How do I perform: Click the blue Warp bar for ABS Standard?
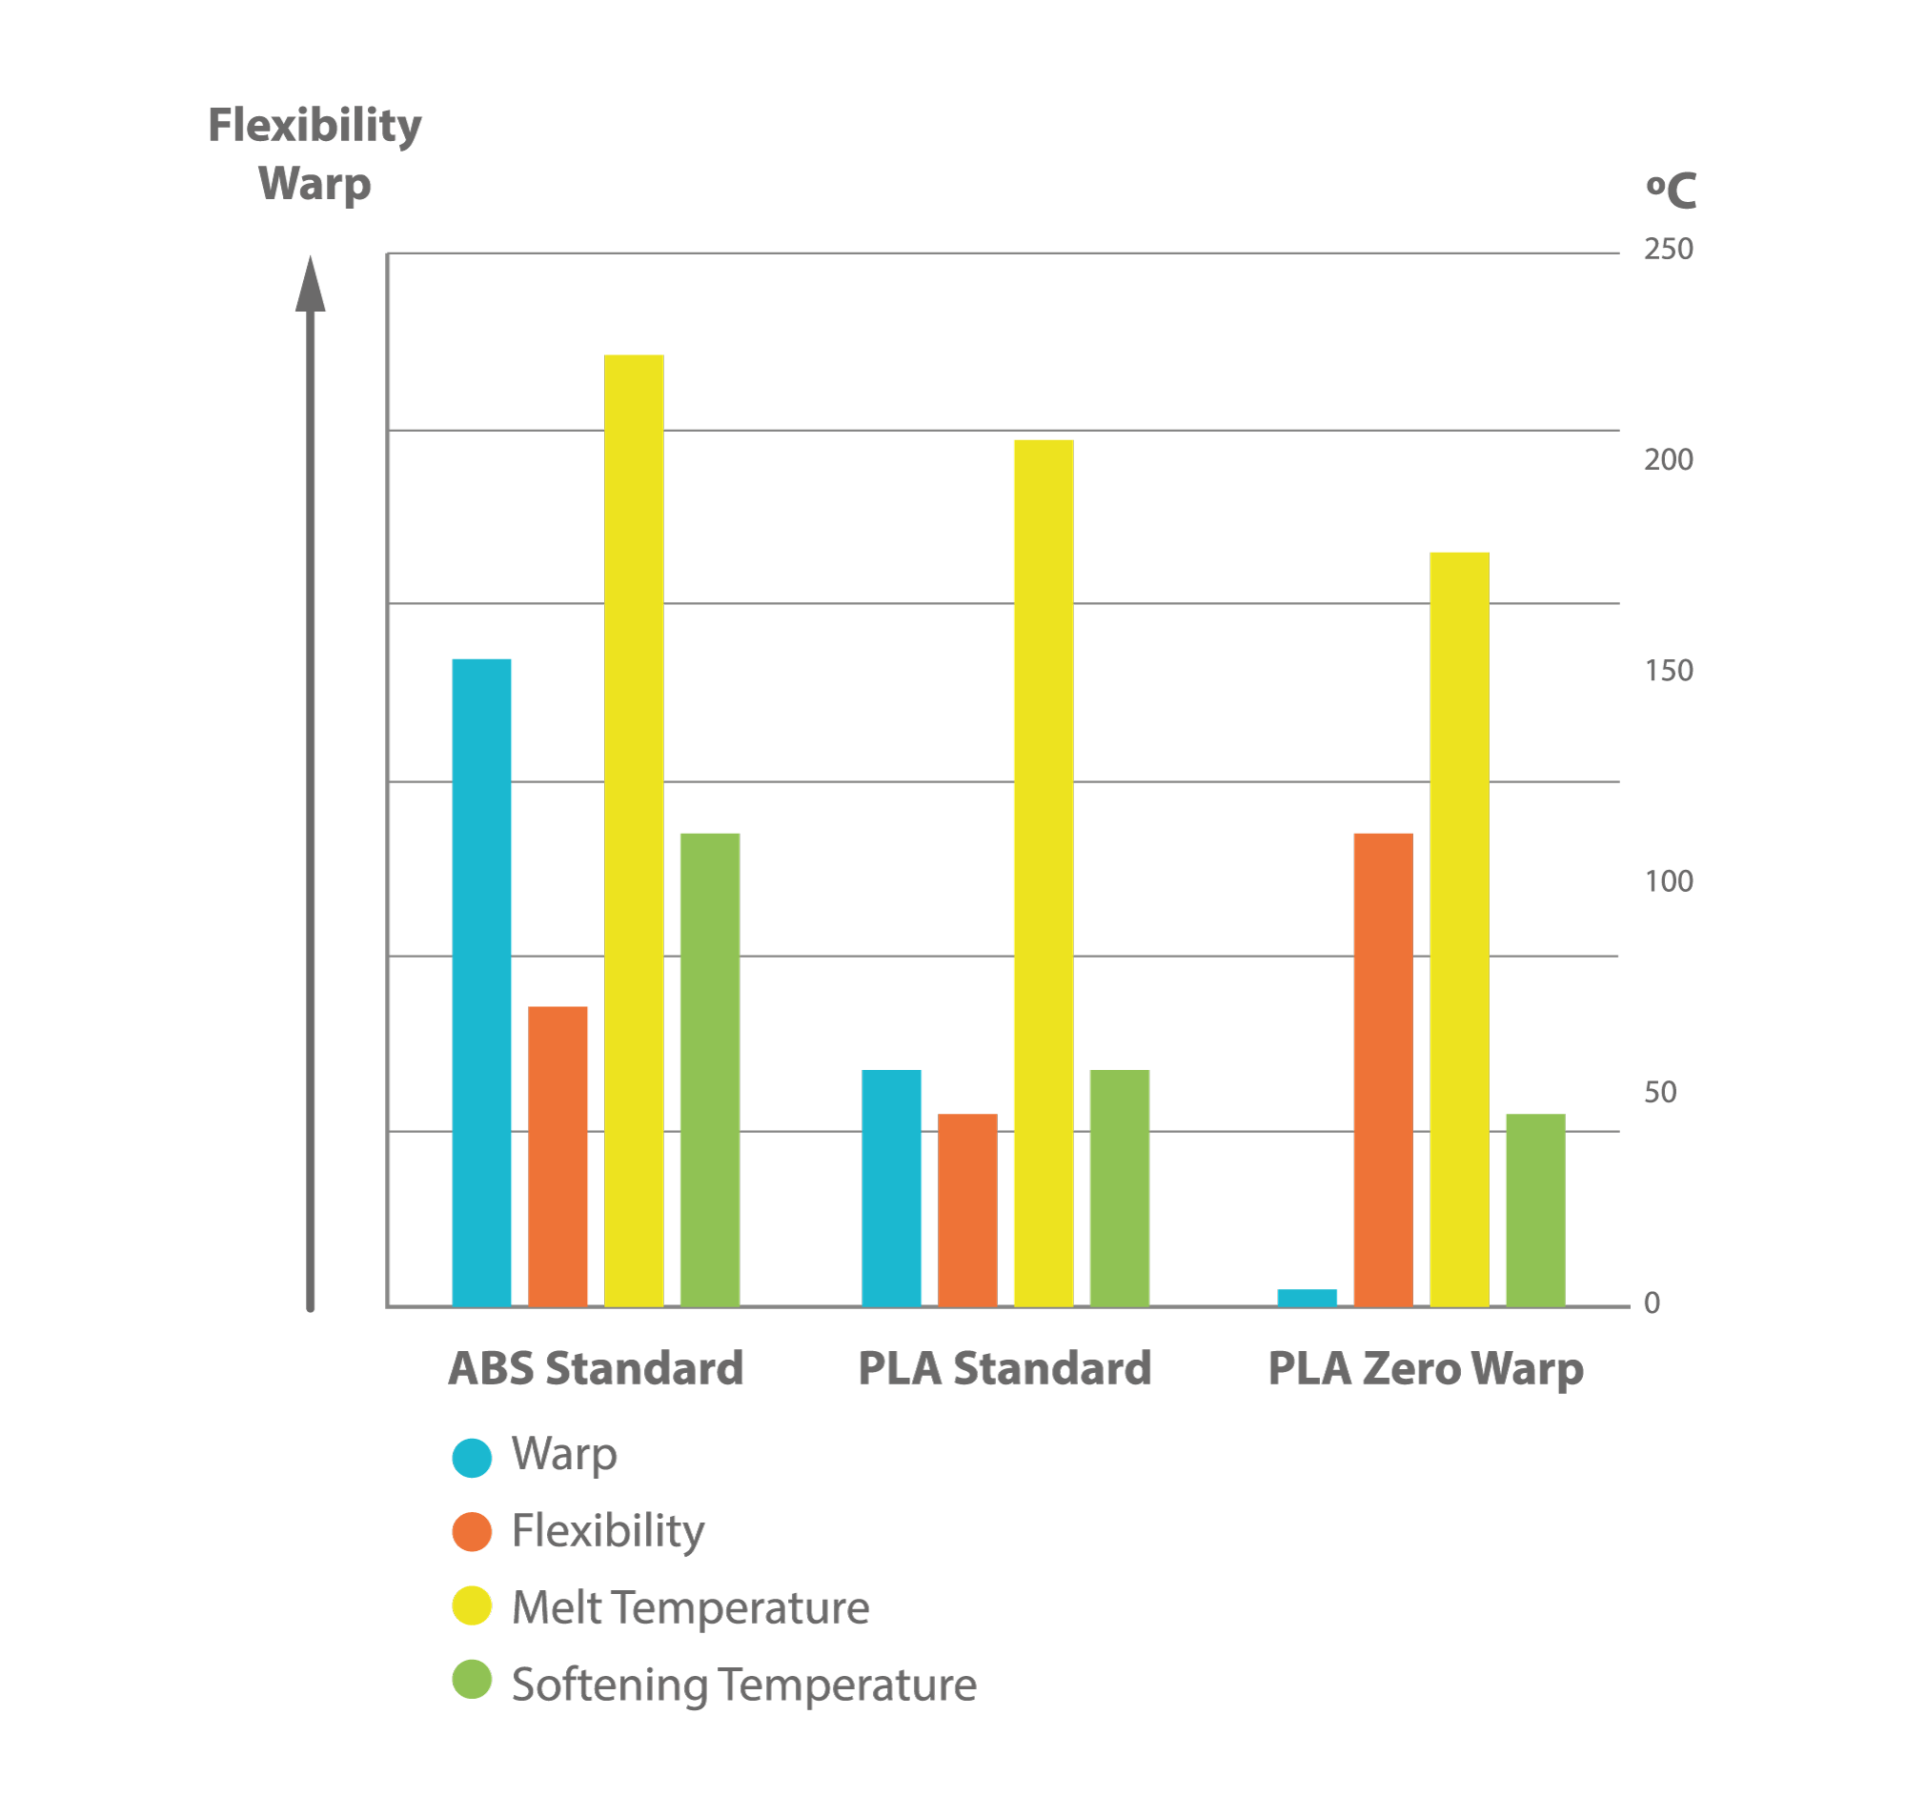[x=481, y=981]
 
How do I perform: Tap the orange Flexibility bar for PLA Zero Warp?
[x=1382, y=1069]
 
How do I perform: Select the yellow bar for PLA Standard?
[x=1043, y=872]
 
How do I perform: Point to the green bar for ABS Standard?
[x=710, y=1069]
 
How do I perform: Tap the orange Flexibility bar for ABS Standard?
[x=557, y=1156]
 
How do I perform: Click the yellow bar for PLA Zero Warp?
[x=1459, y=928]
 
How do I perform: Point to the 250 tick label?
[x=1667, y=250]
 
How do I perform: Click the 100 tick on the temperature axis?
[x=1667, y=881]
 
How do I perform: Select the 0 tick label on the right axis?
[x=1651, y=1302]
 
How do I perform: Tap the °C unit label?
[x=1670, y=191]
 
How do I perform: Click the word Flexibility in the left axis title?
[x=314, y=126]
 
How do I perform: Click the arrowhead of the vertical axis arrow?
[x=310, y=286]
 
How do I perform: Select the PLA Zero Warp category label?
[x=1424, y=1369]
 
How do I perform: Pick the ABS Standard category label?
[x=596, y=1368]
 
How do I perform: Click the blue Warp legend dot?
[x=472, y=1457]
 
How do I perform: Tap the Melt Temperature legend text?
[x=689, y=1608]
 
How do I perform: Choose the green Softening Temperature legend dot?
[x=472, y=1680]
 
